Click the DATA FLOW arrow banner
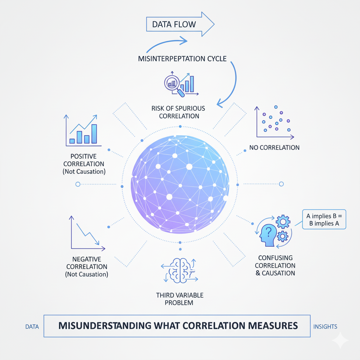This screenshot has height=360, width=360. coord(179,25)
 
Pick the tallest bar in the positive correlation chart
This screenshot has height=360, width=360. coord(94,134)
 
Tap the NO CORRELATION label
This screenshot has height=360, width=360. coord(275,148)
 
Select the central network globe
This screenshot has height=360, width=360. coord(180,184)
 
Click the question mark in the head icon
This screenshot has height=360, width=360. coord(268,232)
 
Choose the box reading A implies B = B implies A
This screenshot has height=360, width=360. coord(324,220)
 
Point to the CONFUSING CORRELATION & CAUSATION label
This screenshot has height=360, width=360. coord(275,265)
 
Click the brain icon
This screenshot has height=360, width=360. coord(179,271)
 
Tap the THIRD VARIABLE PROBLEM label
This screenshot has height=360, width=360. coord(180,299)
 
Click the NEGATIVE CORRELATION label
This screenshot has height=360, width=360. coord(87,267)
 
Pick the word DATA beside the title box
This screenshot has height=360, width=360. coord(32,327)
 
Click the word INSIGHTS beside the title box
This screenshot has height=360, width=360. coord(325,327)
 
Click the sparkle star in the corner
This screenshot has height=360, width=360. coord(340,340)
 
